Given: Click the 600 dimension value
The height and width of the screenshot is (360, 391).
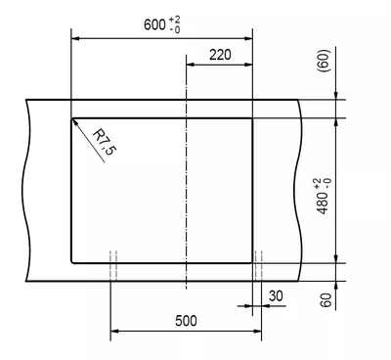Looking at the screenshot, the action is point(154,24).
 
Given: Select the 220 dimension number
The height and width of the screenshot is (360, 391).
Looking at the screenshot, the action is point(220,55).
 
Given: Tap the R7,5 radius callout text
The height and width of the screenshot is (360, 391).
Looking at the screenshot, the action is point(105,143).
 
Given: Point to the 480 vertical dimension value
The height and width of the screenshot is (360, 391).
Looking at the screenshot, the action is point(323,202).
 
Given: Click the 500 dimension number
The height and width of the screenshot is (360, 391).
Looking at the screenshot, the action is point(186,321).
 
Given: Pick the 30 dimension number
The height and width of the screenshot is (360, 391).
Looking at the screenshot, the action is point(276,296).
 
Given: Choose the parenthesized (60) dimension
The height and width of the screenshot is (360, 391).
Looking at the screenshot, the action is point(326,61).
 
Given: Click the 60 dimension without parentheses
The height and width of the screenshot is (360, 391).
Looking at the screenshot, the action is point(326,300).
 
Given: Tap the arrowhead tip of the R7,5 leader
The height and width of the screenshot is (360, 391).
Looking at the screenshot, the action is point(72,119).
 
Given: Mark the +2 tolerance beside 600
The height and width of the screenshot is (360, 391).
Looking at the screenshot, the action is point(174,21).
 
